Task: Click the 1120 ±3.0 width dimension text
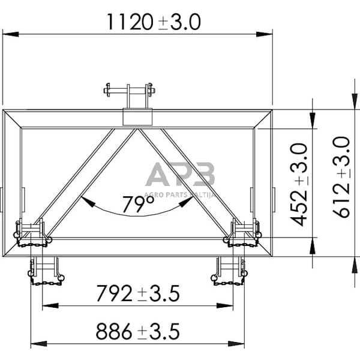pyautogui.click(x=152, y=22)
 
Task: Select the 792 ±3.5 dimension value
pyautogui.click(x=137, y=294)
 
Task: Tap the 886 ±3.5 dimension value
pyautogui.click(x=137, y=331)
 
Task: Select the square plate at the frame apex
pyautogui.click(x=137, y=116)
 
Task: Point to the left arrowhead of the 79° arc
pyautogui.click(x=85, y=200)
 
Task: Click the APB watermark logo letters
pyautogui.click(x=180, y=175)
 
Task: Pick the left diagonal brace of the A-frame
pyautogui.click(x=90, y=182)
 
